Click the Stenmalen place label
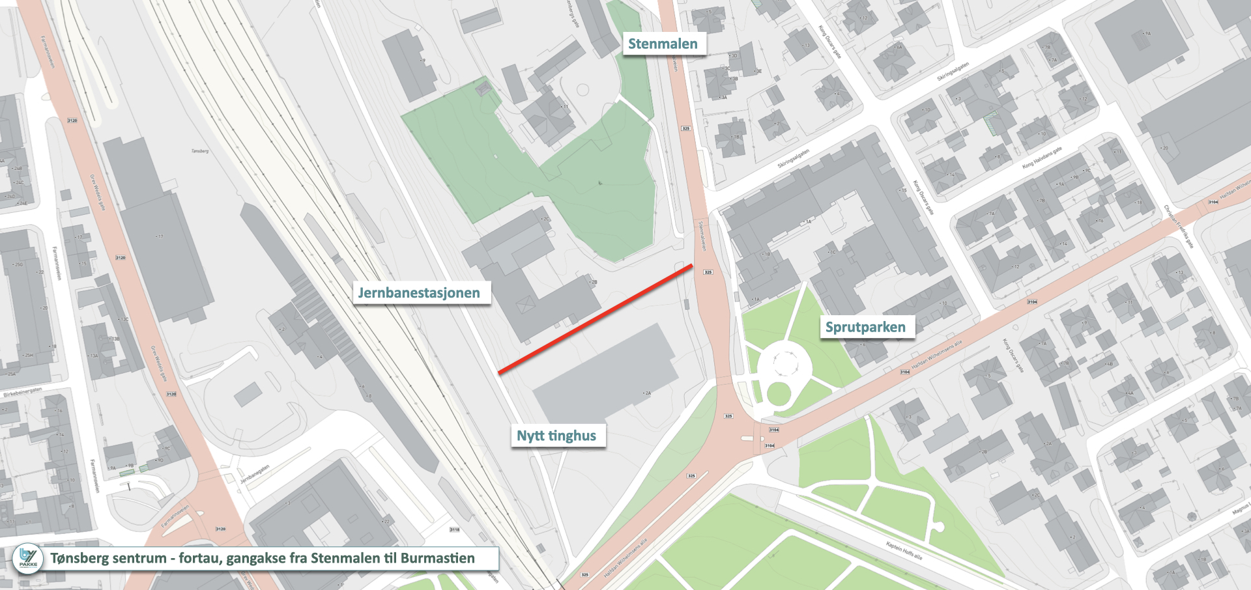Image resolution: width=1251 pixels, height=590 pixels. [x=663, y=44]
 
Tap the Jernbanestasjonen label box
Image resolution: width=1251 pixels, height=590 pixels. [x=419, y=293]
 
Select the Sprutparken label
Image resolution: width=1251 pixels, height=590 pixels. [x=865, y=327]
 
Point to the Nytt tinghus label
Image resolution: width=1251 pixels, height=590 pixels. [x=556, y=436]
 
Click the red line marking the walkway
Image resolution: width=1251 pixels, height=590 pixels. [x=595, y=319]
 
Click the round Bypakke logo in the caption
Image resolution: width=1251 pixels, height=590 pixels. [x=28, y=559]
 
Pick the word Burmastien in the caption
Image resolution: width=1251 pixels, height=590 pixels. [x=437, y=558]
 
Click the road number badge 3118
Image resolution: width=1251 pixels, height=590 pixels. [x=455, y=529]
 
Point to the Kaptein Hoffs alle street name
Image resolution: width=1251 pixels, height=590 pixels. [x=904, y=550]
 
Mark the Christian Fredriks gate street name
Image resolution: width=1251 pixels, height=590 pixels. [x=1179, y=226]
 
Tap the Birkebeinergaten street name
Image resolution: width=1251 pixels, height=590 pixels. [x=23, y=392]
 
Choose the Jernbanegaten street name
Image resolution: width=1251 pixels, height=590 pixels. [x=255, y=473]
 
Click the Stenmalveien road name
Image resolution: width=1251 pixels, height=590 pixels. [x=702, y=236]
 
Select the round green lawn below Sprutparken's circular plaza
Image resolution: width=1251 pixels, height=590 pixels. [x=779, y=394]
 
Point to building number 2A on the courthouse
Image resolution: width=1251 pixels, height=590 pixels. [x=647, y=393]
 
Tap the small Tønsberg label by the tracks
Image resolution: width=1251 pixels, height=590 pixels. [x=200, y=151]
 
